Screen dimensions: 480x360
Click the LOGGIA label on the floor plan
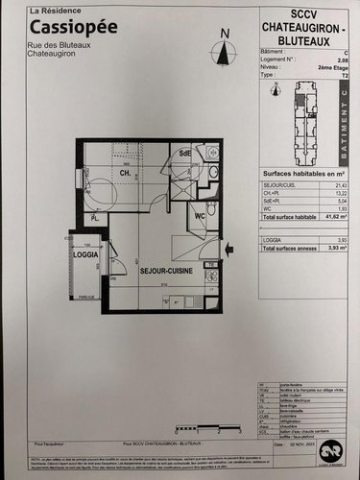(x=86, y=255)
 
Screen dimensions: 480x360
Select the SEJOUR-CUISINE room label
(x=166, y=273)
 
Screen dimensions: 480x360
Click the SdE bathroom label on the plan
(x=183, y=154)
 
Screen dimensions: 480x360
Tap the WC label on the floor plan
(x=201, y=216)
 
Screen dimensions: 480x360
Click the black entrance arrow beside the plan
(x=228, y=252)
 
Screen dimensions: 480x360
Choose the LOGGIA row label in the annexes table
(x=273, y=239)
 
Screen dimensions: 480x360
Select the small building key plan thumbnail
(x=303, y=120)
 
